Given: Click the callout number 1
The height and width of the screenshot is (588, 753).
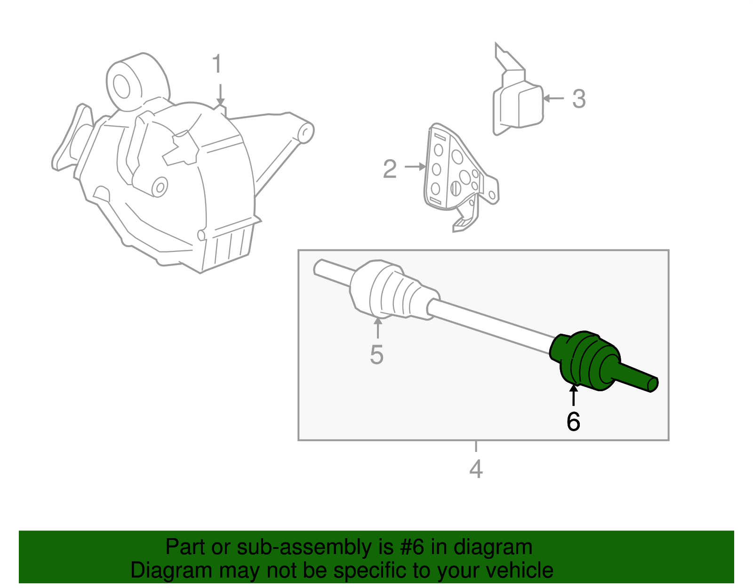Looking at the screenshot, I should coord(216,64).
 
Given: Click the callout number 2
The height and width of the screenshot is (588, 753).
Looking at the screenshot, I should coord(390,169).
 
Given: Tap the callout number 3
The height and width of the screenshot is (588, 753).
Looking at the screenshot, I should coord(579,99).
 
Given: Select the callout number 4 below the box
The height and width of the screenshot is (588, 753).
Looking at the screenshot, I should coord(476,469).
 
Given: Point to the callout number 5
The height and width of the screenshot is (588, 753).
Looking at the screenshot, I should coord(376,354).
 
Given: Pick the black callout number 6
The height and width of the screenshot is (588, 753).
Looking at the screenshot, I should coord(573,421).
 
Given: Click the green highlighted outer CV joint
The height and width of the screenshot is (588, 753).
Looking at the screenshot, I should coord(586,360).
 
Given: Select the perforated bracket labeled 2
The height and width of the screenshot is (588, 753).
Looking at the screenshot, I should coord(452,174).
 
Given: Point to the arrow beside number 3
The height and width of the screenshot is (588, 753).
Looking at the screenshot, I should coord(553,98).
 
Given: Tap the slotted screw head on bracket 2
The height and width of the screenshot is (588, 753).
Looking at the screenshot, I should coord(455,188).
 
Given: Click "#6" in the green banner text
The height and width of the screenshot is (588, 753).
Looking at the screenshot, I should coord(413,548).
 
